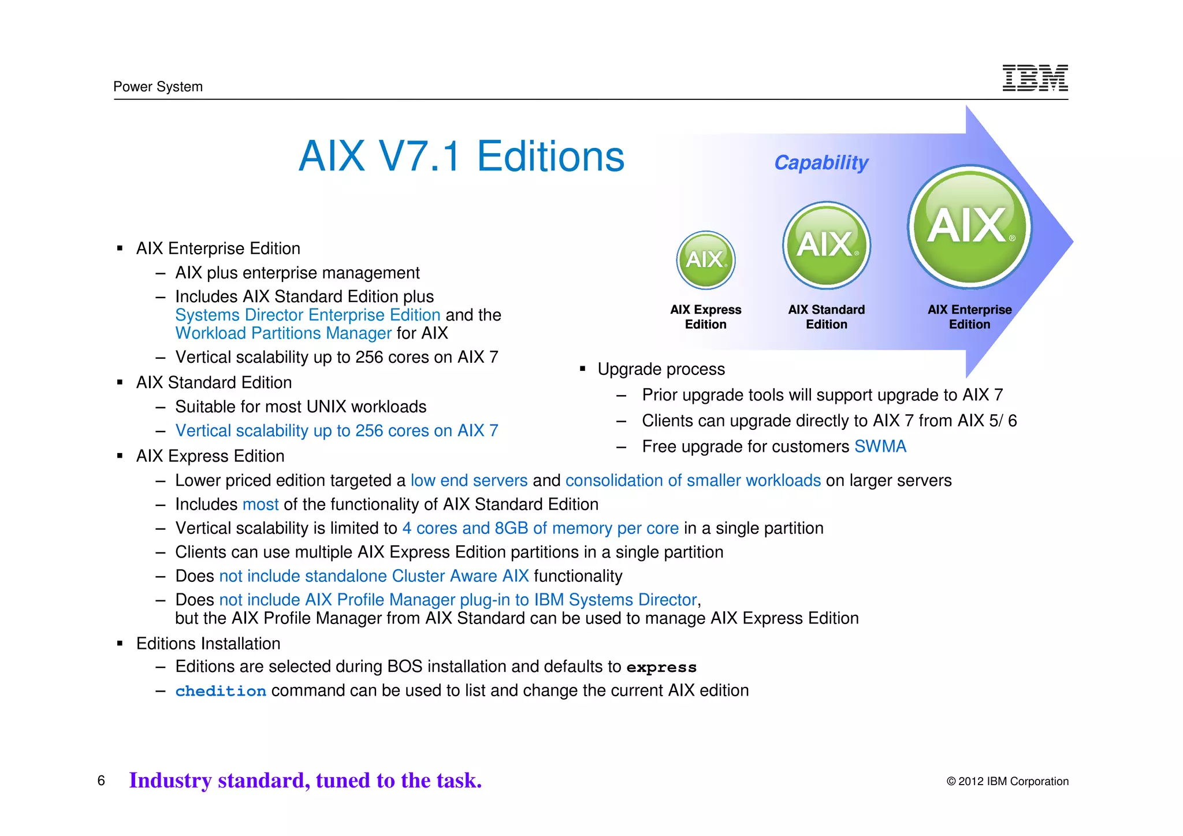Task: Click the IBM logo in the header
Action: tap(1035, 78)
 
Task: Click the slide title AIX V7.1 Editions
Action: tap(461, 157)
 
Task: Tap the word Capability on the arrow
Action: tap(821, 163)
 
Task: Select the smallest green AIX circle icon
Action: tap(705, 260)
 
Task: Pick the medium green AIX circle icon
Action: tap(827, 245)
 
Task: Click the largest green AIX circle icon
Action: tap(970, 226)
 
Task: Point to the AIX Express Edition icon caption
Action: tap(705, 317)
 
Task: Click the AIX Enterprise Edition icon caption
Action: tap(969, 317)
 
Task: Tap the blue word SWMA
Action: tap(880, 447)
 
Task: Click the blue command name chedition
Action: tap(221, 691)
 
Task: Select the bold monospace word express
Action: tap(661, 667)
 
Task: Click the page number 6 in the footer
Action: tap(101, 781)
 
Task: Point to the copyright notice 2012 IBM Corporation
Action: tap(1007, 782)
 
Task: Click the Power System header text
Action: tap(158, 87)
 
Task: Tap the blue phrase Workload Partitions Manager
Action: tap(284, 333)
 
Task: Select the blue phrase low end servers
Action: tap(469, 481)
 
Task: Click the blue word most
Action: tap(261, 504)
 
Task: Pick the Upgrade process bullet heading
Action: tap(661, 369)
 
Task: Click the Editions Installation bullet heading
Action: tap(208, 644)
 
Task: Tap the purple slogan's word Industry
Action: tap(170, 781)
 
